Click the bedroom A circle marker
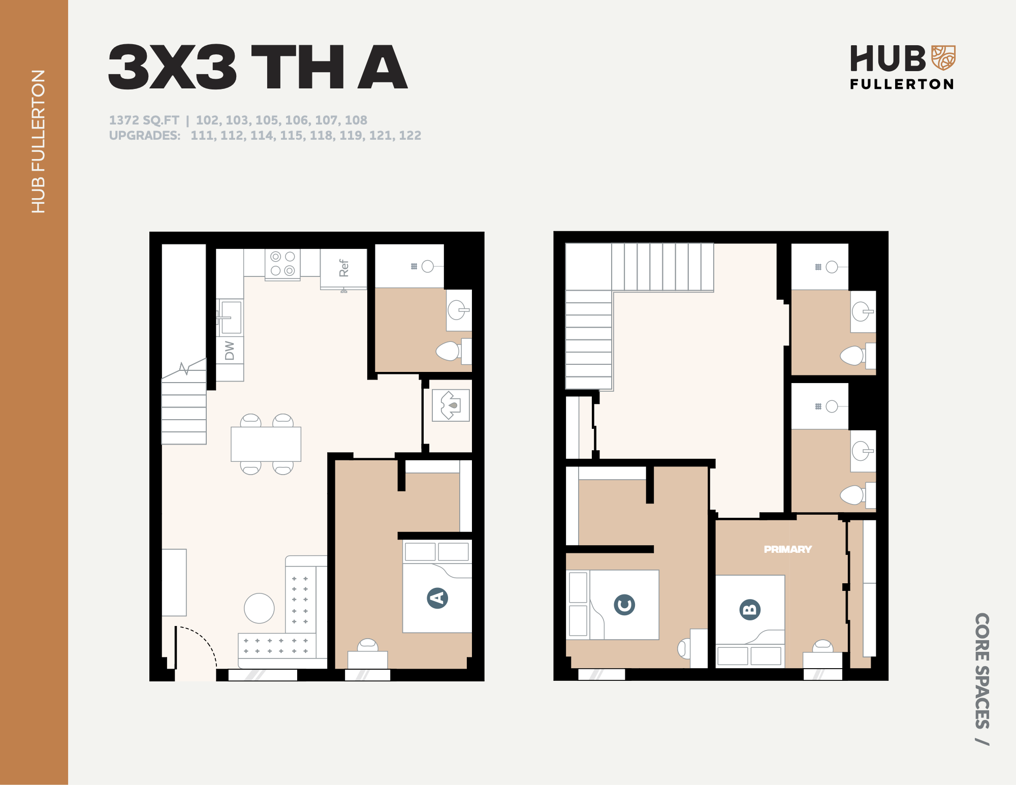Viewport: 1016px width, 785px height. click(437, 598)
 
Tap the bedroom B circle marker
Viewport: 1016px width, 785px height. click(750, 609)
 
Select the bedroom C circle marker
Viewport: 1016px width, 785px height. click(624, 605)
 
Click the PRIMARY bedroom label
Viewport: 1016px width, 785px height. click(787, 549)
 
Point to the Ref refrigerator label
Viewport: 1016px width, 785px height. click(344, 268)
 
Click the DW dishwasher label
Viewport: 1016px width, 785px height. click(230, 350)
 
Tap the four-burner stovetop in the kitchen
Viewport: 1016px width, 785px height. click(282, 264)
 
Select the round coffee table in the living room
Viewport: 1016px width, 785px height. click(259, 608)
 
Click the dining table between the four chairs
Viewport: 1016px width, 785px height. click(266, 444)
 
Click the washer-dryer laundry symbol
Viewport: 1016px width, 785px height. click(451, 405)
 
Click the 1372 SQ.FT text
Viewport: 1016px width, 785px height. click(144, 120)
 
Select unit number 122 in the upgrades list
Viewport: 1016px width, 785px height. click(410, 136)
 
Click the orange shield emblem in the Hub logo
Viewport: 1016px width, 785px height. click(943, 57)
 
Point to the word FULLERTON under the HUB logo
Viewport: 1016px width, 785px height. click(902, 84)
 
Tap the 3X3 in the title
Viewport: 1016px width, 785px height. click(172, 67)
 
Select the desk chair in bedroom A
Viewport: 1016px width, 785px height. click(367, 645)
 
